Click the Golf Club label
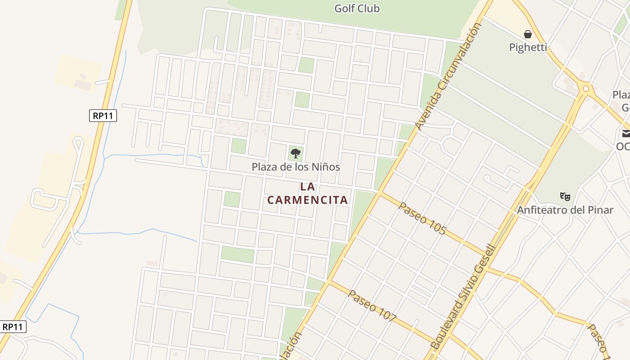click(x=357, y=8)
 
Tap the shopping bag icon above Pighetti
click(x=528, y=34)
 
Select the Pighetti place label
click(x=528, y=47)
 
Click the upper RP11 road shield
click(x=103, y=116)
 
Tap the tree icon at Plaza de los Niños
click(x=295, y=153)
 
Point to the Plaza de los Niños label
click(x=296, y=167)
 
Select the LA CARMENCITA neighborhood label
click(x=308, y=193)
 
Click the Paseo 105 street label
click(x=423, y=219)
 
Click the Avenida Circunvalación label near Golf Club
click(x=448, y=76)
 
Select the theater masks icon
click(x=565, y=196)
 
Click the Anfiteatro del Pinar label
click(x=565, y=210)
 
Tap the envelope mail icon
click(x=625, y=134)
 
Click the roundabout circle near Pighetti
click(x=585, y=89)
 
